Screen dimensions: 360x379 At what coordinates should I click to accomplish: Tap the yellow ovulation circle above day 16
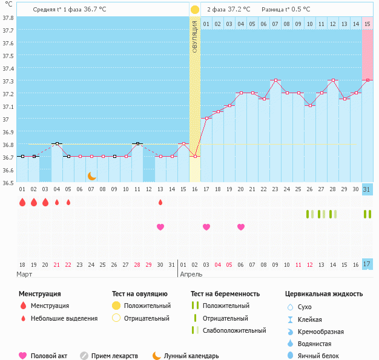click(194, 10)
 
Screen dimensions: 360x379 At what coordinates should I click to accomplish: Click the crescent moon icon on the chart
click(91, 175)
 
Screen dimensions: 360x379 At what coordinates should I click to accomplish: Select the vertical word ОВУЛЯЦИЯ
click(194, 36)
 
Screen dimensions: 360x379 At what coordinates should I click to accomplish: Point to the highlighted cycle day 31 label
click(367, 189)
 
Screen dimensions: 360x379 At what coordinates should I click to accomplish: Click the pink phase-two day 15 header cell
click(367, 24)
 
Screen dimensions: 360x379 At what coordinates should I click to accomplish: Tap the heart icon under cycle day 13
click(160, 227)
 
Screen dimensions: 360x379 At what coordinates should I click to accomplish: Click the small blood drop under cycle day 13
click(160, 202)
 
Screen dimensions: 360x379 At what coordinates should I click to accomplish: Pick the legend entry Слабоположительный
click(234, 330)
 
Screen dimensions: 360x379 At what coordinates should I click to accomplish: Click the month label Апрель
click(191, 274)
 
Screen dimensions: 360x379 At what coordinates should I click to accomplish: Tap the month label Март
click(24, 274)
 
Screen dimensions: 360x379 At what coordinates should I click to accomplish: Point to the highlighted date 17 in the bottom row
click(367, 264)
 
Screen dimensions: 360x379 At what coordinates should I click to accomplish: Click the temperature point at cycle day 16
click(194, 156)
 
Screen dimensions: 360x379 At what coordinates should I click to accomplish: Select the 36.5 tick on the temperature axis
click(8, 182)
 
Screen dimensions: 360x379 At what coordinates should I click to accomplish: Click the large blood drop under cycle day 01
click(22, 202)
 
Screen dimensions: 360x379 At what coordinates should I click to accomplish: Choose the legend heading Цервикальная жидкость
click(324, 293)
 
